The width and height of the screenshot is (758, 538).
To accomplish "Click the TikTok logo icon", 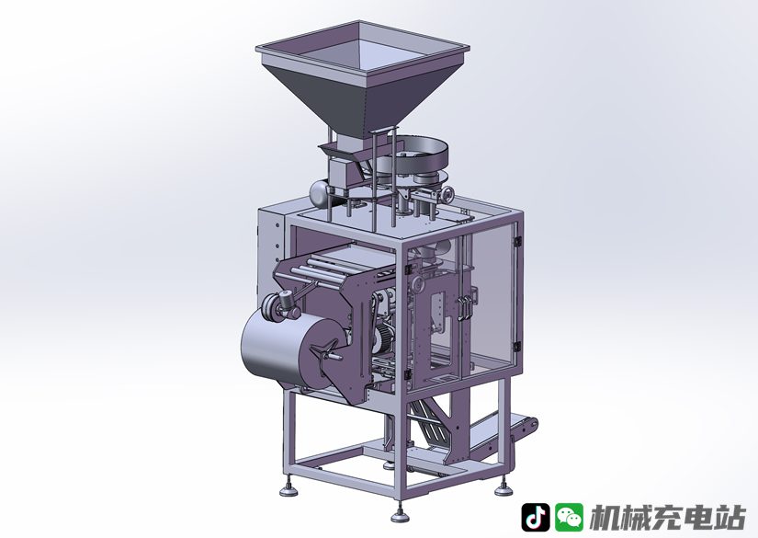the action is click(535, 517).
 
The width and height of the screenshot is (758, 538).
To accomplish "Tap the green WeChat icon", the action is click(569, 517).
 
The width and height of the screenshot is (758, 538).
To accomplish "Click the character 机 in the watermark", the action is click(605, 518).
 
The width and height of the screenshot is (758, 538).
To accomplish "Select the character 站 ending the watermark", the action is click(730, 518).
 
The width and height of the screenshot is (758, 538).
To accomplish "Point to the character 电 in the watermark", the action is click(699, 518).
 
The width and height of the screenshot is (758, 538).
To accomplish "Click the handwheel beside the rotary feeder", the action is click(447, 196).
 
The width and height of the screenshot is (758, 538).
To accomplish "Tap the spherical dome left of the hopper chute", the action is click(320, 193).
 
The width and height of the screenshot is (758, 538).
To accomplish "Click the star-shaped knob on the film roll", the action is click(325, 352).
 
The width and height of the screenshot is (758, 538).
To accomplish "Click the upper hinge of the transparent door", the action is click(517, 239).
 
